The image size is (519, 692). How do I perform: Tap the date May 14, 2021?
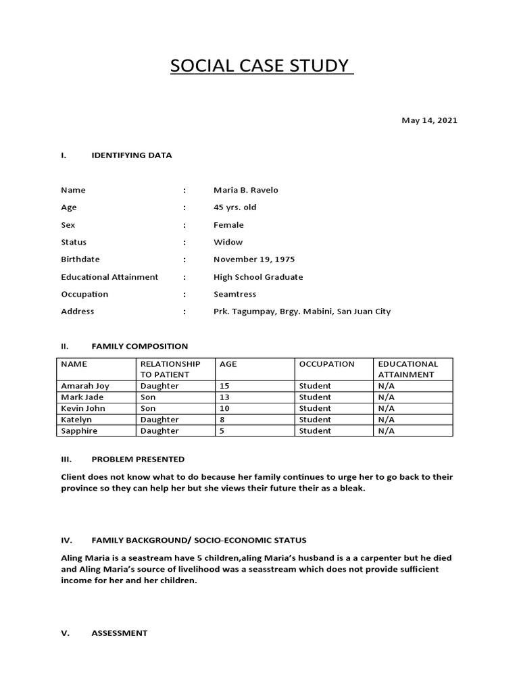click(429, 120)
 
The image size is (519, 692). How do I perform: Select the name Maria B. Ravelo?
click(245, 190)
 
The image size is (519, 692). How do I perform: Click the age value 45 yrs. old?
click(234, 207)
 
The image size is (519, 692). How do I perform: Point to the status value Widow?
click(228, 242)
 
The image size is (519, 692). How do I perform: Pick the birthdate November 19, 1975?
click(253, 259)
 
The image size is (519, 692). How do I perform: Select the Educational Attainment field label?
click(109, 276)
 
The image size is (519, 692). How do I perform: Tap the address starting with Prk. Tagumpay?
click(301, 312)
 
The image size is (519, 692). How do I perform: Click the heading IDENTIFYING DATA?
click(131, 155)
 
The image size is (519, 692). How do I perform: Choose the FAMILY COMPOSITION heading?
click(139, 346)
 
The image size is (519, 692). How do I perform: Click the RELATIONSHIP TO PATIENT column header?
click(170, 369)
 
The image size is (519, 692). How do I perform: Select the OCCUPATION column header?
click(326, 364)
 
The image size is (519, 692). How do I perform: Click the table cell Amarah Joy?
click(84, 386)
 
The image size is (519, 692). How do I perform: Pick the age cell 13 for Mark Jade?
click(224, 397)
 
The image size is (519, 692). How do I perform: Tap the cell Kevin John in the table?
click(83, 408)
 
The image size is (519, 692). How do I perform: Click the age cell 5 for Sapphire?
click(222, 430)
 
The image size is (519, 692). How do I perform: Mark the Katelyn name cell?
click(76, 420)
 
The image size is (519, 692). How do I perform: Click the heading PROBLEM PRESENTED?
click(137, 459)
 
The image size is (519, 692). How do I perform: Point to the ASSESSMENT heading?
click(119, 633)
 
